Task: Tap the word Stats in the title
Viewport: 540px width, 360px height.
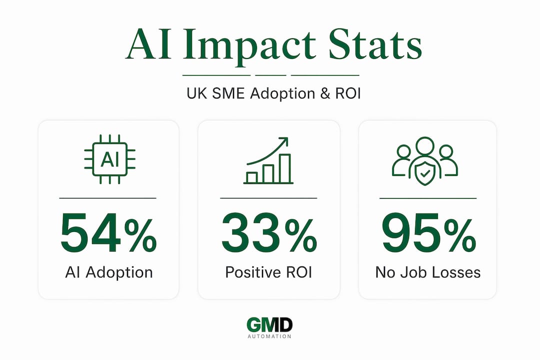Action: coord(375,44)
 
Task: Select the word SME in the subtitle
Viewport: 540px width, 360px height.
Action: coord(228,93)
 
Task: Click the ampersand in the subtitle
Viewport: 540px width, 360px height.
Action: coord(325,93)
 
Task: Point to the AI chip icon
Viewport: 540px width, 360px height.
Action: coord(110,159)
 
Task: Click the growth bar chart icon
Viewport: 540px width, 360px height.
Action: coord(268,160)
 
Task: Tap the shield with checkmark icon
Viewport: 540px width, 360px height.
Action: coord(425,173)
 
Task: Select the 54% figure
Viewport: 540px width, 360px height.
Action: coord(108,233)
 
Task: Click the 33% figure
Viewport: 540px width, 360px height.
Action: coord(269,233)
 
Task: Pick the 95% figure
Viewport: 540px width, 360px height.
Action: coord(429,233)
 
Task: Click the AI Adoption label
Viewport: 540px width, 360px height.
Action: coord(109,273)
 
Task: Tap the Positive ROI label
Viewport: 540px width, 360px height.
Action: coord(268,272)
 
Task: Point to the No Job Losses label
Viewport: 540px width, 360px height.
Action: coord(427,272)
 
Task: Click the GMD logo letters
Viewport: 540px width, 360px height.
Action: coord(269,325)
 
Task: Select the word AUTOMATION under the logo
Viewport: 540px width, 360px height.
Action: coord(269,336)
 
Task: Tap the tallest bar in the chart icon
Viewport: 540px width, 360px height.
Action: coord(285,168)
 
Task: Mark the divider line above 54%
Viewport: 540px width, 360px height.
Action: coord(108,198)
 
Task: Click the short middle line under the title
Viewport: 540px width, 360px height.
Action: coord(270,75)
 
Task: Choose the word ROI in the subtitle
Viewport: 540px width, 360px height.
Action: coord(348,93)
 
